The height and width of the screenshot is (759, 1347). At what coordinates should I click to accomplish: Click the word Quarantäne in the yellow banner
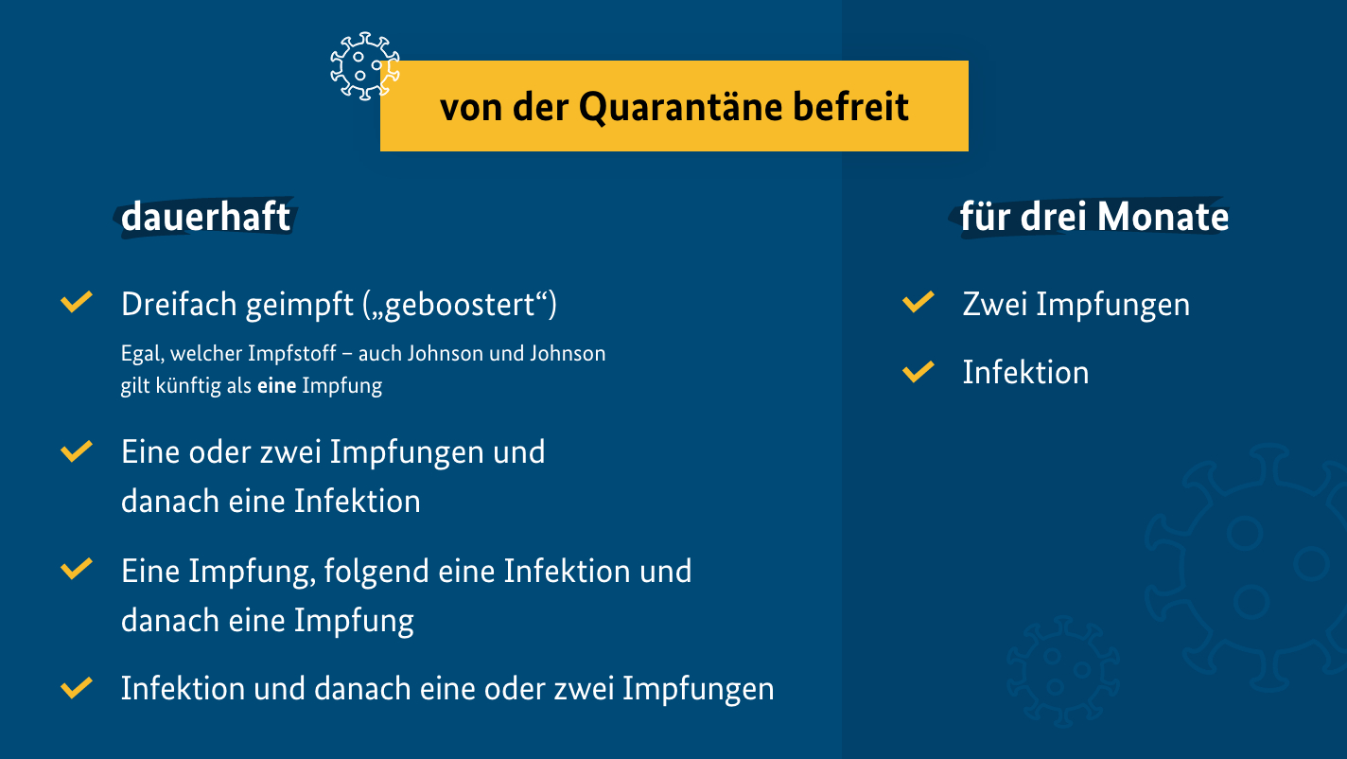680,108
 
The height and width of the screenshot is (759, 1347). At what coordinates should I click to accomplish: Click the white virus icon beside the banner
365,66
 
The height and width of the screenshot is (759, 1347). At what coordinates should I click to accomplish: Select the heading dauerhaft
205,217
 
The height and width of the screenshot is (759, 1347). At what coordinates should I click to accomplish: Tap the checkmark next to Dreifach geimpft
77,302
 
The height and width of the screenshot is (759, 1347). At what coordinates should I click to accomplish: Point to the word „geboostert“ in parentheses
460,305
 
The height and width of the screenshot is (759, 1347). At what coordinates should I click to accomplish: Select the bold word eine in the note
276,385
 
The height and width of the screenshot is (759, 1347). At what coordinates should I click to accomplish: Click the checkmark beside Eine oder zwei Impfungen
77,451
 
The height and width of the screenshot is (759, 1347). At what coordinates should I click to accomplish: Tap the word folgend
376,572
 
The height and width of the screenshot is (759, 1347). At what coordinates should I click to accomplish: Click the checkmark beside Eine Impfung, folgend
77,570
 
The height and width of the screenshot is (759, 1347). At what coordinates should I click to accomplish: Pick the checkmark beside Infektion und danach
77,688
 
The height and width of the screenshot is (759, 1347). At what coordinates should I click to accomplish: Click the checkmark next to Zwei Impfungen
918,302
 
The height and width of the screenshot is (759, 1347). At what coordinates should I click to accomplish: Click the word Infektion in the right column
1026,372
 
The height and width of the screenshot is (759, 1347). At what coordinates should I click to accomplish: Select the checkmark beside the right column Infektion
918,372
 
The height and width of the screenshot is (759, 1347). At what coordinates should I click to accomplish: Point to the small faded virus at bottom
1062,670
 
